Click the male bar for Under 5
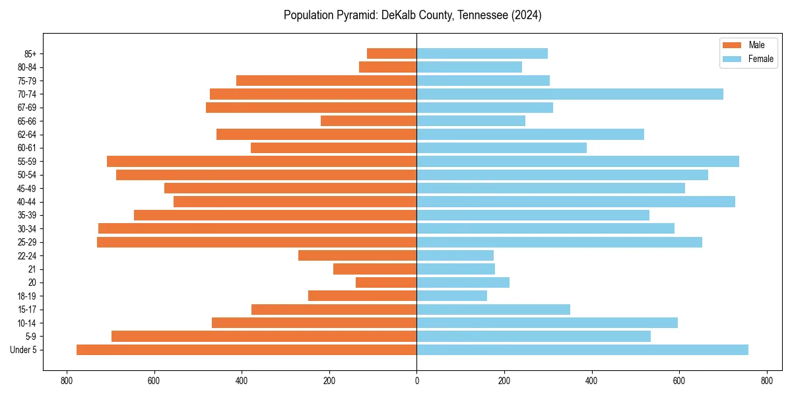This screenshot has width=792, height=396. [246, 350]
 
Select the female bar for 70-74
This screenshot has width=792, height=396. [570, 94]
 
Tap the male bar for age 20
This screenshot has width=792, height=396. [386, 282]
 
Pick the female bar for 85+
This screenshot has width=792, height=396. [482, 53]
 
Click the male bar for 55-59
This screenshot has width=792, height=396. [261, 161]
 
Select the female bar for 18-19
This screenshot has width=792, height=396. [451, 296]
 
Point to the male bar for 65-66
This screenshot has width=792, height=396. [368, 121]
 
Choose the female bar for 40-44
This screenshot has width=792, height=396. [576, 201]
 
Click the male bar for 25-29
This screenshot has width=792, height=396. [257, 242]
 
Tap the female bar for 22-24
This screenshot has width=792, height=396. [455, 255]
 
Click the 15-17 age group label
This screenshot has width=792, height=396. [27, 310]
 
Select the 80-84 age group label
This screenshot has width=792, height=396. [27, 67]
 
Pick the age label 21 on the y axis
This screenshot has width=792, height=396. [32, 269]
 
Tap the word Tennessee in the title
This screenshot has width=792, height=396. [482, 15]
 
